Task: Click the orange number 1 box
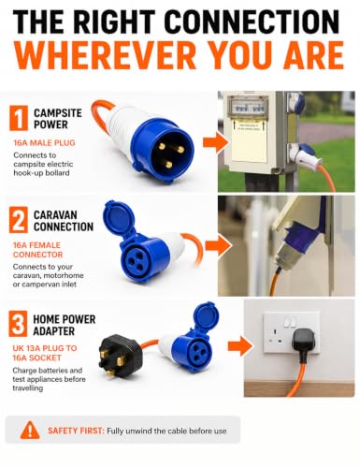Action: [x=19, y=118]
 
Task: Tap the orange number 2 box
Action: [x=19, y=220]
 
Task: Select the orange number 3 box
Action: [x=18, y=324]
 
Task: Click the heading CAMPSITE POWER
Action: [x=58, y=119]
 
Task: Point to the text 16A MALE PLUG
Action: [x=44, y=143]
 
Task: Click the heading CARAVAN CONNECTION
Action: [x=64, y=221]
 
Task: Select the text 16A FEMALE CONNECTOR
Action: [x=37, y=250]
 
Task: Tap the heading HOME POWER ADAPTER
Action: [x=65, y=325]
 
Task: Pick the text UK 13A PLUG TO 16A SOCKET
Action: [x=45, y=353]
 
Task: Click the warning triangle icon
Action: [x=30, y=430]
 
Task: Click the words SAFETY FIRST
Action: [x=75, y=431]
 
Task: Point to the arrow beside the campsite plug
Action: [x=214, y=142]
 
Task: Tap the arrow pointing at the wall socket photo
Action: [x=240, y=345]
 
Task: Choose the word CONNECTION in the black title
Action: [x=252, y=22]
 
